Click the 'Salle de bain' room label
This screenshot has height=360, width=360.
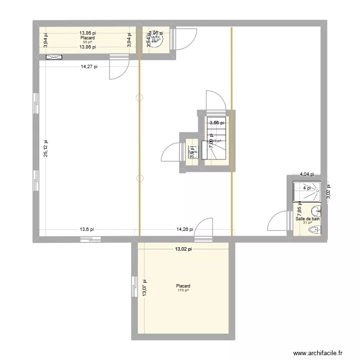[x=308, y=218]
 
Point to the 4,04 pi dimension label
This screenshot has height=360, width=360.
[x=307, y=175]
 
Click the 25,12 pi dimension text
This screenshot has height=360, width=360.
[x=46, y=148]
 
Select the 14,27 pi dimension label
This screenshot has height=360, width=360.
[x=89, y=67]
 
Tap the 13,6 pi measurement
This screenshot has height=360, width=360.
[x=86, y=229]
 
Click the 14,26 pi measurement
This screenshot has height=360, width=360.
[x=184, y=229]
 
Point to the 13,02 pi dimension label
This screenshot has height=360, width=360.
[x=183, y=249]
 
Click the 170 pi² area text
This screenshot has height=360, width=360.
[x=183, y=290]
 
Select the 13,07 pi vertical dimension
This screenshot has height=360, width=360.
[x=144, y=288]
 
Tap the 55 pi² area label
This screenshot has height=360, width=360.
[x=88, y=42]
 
